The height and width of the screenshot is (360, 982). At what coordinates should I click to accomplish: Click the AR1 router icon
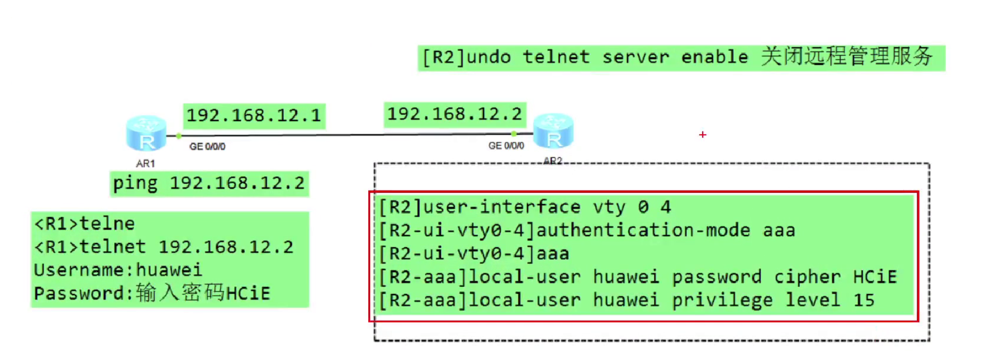[x=146, y=134]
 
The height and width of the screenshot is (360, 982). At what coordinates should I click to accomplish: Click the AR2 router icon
[x=553, y=132]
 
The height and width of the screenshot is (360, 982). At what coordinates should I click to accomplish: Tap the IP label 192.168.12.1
[x=254, y=115]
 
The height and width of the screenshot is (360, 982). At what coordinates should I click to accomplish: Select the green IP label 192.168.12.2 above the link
[x=455, y=114]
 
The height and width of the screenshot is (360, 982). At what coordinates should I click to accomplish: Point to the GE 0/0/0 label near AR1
[x=207, y=147]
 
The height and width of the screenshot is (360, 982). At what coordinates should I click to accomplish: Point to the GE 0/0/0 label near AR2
[x=506, y=146]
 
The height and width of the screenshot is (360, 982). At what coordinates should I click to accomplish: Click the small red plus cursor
[x=702, y=135]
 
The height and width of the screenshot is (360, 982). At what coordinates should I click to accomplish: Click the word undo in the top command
[x=488, y=57]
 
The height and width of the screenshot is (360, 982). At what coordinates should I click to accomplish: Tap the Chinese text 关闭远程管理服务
[x=847, y=57]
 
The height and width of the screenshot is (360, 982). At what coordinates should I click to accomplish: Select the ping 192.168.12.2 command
[x=209, y=183]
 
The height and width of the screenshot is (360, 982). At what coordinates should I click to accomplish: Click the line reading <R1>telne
[x=85, y=224]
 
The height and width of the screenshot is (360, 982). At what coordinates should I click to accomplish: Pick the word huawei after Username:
[x=169, y=270]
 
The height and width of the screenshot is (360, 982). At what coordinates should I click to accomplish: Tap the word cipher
[x=807, y=277]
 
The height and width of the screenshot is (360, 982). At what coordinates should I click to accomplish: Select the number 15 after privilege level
[x=864, y=300]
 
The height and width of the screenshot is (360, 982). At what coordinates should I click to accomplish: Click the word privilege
[x=722, y=300]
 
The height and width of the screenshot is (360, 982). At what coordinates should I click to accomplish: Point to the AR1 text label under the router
[x=145, y=164]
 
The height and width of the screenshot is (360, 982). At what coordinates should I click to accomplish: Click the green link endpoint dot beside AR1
[x=179, y=136]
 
